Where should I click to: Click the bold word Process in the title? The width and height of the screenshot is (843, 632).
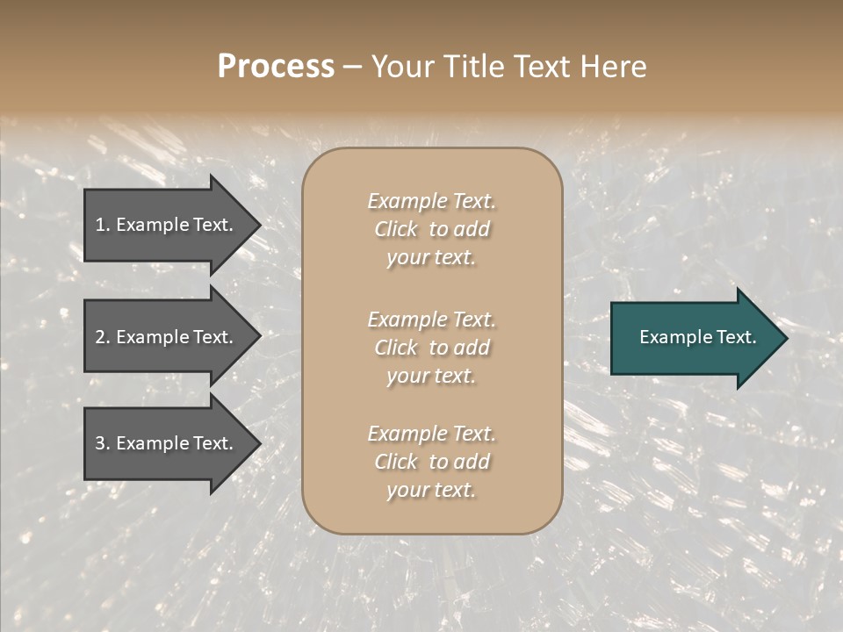click(x=276, y=67)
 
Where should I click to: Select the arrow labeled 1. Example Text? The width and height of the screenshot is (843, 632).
click(x=167, y=225)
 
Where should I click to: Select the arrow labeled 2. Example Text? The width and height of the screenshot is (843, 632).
click(x=167, y=337)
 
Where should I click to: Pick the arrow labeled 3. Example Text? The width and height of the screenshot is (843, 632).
click(x=167, y=443)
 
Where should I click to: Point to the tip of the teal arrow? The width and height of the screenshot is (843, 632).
click(x=785, y=338)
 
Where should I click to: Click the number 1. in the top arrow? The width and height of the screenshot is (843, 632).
click(x=103, y=225)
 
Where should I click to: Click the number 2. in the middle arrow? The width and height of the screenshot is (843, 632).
click(x=103, y=337)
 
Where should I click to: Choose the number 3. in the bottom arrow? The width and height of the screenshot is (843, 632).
click(x=103, y=443)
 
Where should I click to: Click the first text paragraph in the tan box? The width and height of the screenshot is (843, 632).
click(x=431, y=229)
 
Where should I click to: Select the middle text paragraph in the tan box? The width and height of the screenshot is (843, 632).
click(x=431, y=347)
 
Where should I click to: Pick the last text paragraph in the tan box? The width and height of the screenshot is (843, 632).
click(x=431, y=462)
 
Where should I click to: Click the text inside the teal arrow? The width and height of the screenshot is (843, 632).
click(x=697, y=337)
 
